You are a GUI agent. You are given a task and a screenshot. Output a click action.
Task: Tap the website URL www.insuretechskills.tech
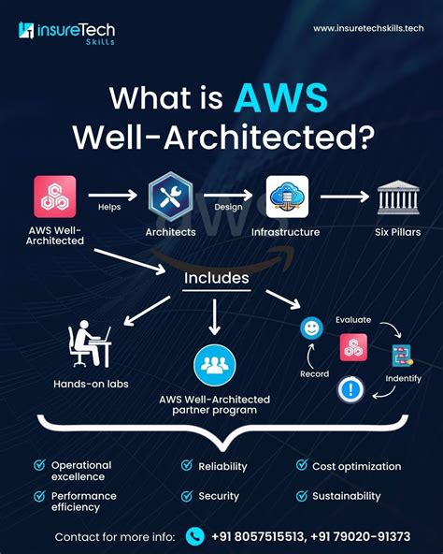tap(362, 29)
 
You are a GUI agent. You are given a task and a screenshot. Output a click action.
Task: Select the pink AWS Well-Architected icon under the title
tap(55, 196)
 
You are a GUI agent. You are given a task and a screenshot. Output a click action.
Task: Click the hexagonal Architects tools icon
tap(170, 196)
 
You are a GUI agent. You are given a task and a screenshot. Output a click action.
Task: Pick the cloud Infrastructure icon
tap(286, 196)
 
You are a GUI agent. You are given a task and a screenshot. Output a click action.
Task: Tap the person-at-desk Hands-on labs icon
tap(90, 344)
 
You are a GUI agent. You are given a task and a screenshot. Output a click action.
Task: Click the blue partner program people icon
tap(214, 364)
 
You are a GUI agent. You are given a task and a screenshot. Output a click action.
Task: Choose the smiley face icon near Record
tap(310, 328)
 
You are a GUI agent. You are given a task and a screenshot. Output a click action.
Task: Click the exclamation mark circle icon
tap(351, 388)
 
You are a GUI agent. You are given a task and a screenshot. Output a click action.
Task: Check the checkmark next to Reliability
tap(185, 465)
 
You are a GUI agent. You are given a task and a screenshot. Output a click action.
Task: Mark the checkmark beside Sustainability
tap(302, 496)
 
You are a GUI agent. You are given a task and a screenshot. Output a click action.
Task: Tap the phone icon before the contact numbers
tap(194, 536)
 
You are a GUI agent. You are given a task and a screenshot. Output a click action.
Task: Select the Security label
tap(219, 496)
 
